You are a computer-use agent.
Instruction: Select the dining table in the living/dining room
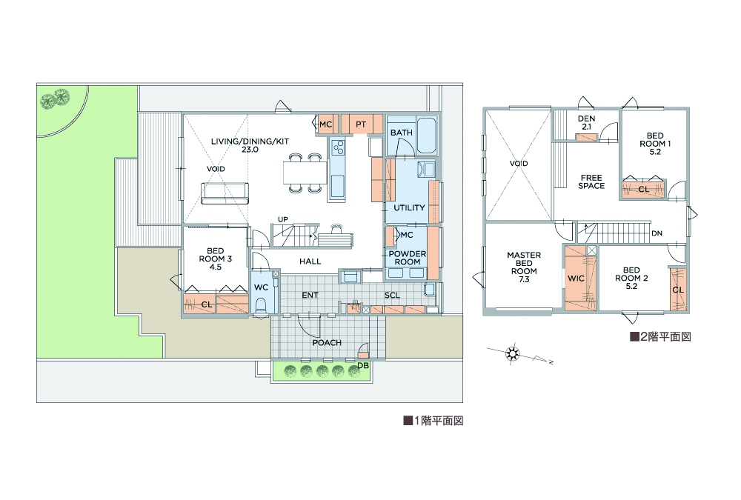(305, 173)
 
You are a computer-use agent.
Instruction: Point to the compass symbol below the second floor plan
(512, 353)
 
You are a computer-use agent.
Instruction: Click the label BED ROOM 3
(216, 259)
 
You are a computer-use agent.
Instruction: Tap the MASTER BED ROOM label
(524, 267)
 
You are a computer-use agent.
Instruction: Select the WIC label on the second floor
(576, 279)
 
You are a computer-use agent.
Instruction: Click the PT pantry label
(361, 124)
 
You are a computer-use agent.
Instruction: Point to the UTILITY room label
(409, 207)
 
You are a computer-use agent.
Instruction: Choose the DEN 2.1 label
(586, 122)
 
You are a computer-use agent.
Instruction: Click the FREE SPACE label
(591, 182)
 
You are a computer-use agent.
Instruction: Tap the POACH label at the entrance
(327, 343)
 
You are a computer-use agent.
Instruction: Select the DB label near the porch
(363, 366)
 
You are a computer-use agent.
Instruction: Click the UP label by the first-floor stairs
(282, 219)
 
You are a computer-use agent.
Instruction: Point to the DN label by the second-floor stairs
(657, 233)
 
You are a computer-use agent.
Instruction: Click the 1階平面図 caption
(433, 421)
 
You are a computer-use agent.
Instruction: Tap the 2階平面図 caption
(661, 336)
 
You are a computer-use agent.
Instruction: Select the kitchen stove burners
(339, 148)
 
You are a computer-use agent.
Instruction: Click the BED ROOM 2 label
(631, 278)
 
